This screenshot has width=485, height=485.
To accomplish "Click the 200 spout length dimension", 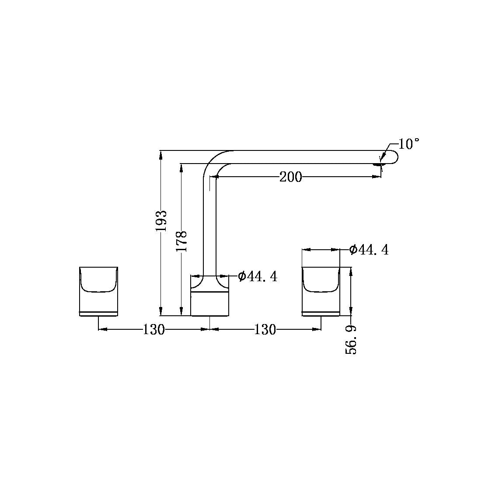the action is (x=290, y=177).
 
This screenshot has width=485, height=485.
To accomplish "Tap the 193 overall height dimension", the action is (x=161, y=221).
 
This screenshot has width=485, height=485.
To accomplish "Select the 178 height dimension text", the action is (x=181, y=241).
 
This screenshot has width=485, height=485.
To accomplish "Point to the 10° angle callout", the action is (x=408, y=144).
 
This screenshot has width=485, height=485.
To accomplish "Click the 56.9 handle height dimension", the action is (x=351, y=340).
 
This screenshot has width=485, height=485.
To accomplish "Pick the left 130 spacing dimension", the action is (x=154, y=330).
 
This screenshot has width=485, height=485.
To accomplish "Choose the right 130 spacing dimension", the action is (x=265, y=330).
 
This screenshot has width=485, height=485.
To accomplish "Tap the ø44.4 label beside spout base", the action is (x=258, y=276).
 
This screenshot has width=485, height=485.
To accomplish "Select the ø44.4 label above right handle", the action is (x=369, y=249).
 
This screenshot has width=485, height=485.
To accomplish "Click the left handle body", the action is (x=98, y=291).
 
